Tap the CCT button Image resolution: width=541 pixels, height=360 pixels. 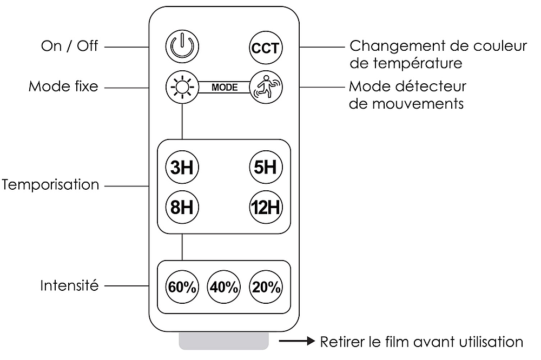(x=265, y=48)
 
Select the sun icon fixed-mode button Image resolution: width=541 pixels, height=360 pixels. (x=182, y=86)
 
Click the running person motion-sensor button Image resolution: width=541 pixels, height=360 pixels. (x=265, y=86)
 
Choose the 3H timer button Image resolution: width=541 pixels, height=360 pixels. (x=182, y=167)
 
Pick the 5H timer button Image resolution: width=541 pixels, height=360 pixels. (x=265, y=167)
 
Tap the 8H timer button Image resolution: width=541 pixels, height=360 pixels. (x=182, y=206)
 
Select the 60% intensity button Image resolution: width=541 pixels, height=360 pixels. (x=182, y=287)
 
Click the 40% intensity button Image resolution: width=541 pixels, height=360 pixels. (x=223, y=287)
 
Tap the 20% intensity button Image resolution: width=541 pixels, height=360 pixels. (x=265, y=287)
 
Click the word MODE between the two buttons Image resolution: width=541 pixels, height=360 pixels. (x=224, y=87)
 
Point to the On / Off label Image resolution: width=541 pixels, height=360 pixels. (x=70, y=46)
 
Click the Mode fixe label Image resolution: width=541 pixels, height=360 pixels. (x=64, y=86)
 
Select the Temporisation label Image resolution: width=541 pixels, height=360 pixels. (x=50, y=185)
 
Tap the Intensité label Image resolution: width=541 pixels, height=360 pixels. (x=70, y=285)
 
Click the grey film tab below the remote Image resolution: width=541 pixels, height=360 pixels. (x=223, y=342)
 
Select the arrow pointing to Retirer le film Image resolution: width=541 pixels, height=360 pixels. (x=297, y=341)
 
